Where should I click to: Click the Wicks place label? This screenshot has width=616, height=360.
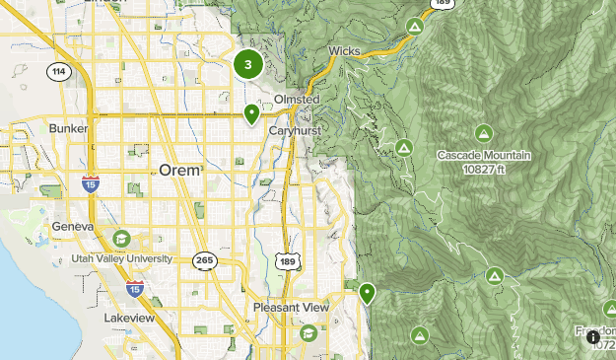344,50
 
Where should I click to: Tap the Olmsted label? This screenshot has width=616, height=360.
297,101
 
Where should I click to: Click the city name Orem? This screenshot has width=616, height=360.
180,170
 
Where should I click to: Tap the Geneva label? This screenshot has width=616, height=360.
73,227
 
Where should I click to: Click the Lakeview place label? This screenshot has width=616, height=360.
128,319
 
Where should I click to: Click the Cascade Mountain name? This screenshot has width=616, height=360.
484,156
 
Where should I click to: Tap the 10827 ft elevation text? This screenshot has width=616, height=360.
484,169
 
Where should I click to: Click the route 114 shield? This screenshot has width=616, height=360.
58,71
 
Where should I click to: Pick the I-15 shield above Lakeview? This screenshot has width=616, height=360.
135,289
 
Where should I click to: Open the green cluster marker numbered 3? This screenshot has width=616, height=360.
247,65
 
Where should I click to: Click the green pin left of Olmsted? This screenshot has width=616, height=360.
252,113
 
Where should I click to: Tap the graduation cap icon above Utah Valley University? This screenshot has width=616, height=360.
120,238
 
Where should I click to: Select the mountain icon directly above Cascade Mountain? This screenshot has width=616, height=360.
483,133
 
